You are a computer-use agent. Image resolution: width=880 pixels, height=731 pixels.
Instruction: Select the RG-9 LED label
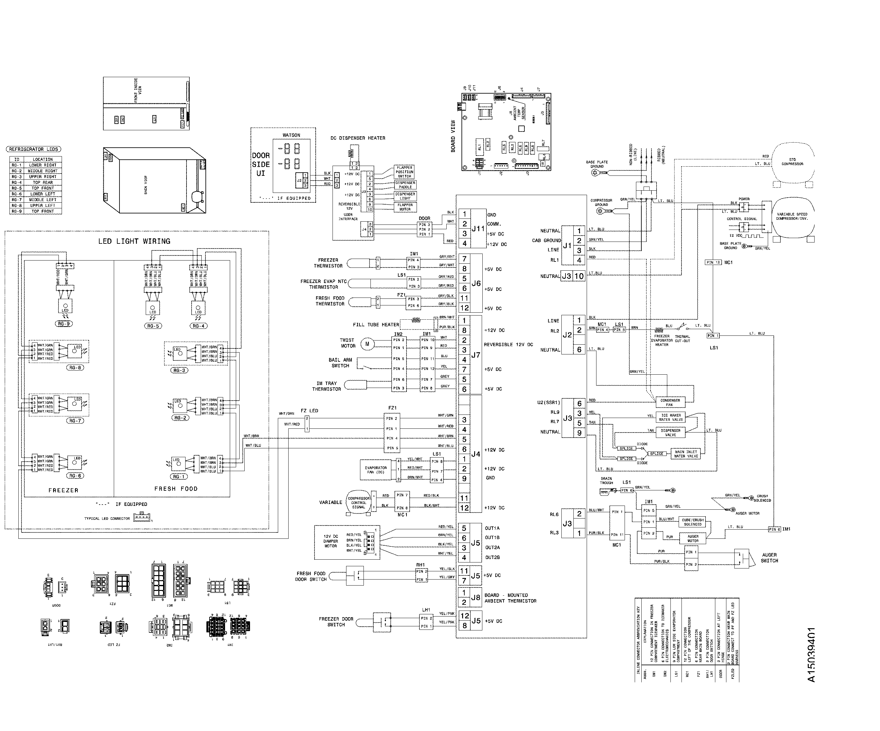pyautogui.click(x=64, y=323)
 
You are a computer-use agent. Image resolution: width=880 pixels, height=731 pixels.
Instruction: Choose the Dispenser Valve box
pyautogui.click(x=670, y=433)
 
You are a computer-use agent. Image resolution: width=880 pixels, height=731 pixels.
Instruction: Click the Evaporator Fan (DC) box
pyautogui.click(x=376, y=470)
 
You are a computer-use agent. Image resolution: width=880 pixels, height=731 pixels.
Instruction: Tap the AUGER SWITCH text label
pyautogui.click(x=769, y=557)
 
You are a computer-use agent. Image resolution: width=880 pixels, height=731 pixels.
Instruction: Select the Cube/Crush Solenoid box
pyautogui.click(x=693, y=522)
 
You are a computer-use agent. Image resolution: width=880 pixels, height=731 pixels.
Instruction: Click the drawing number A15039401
pyautogui.click(x=811, y=655)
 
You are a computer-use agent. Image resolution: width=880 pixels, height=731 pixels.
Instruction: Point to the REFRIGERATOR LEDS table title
pyautogui.click(x=34, y=149)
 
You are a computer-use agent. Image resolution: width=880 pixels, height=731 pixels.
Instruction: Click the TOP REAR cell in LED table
pyautogui.click(x=43, y=182)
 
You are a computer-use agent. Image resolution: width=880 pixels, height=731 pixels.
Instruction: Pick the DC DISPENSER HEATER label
pyautogui.click(x=358, y=138)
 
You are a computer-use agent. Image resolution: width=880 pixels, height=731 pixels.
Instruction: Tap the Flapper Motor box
pyautogui.click(x=405, y=207)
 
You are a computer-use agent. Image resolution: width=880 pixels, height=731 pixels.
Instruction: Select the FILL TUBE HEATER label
pyautogui.click(x=376, y=324)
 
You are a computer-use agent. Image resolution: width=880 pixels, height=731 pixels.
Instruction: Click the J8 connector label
pyautogui.click(x=476, y=598)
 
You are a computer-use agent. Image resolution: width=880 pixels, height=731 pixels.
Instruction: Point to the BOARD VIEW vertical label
pyautogui.click(x=453, y=136)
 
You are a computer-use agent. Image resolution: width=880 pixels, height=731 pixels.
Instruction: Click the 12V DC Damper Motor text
pyautogui.click(x=331, y=541)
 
